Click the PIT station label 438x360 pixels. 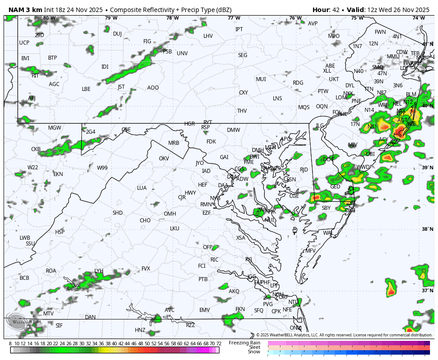coord(35,76)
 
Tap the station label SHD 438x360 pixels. coord(118,213)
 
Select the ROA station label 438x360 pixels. coord(51,271)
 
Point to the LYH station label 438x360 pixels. coord(99,271)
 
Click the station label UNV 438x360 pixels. coord(182,53)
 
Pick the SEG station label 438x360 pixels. coord(243,55)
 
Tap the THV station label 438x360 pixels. coord(242,111)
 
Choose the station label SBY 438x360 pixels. coord(326,208)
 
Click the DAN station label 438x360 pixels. coord(90,317)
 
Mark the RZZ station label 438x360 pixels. coord(191,325)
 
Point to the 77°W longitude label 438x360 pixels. coord(234,18)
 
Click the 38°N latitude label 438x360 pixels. coord(427,229)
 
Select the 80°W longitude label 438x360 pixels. coord(49,18)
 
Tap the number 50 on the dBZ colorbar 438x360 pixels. coord(147,344)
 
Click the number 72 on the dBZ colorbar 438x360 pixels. coord(219,344)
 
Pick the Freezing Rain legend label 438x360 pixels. coord(244,343)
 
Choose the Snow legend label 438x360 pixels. coord(254,352)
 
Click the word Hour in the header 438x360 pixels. coord(320,10)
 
